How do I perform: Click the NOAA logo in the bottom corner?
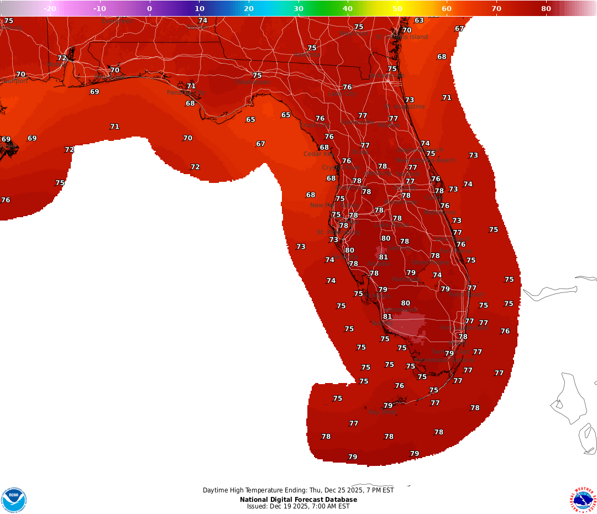point(14,500)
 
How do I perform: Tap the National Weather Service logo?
point(584,500)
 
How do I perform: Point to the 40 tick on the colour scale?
point(348,8)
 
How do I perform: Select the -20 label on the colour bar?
point(50,8)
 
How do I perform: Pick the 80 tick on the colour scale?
point(546,8)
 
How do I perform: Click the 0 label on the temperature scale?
point(149,8)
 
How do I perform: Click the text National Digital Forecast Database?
point(298,500)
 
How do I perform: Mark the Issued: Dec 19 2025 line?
point(298,506)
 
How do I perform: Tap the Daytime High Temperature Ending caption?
point(298,490)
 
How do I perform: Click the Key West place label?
point(381,412)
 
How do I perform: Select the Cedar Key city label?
point(317,154)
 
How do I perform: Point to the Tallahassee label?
point(252,82)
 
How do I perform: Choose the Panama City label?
point(186,93)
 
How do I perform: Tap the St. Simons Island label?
point(402,37)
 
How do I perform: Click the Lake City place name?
point(342,94)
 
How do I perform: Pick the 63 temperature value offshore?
point(419,21)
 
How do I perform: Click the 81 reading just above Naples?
point(387,317)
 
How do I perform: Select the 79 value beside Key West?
point(388,406)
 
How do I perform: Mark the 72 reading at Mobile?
point(62,58)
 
